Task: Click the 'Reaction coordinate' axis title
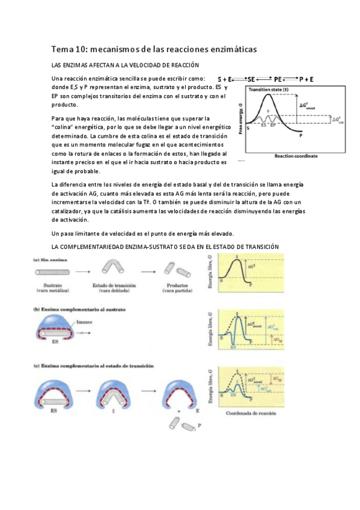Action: pyautogui.click(x=296, y=156)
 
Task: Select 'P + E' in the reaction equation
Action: pyautogui.click(x=307, y=79)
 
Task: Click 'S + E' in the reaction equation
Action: pyautogui.click(x=225, y=79)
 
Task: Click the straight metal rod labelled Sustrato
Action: pyautogui.click(x=50, y=270)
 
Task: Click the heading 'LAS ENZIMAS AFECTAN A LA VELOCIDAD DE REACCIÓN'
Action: pyautogui.click(x=125, y=64)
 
